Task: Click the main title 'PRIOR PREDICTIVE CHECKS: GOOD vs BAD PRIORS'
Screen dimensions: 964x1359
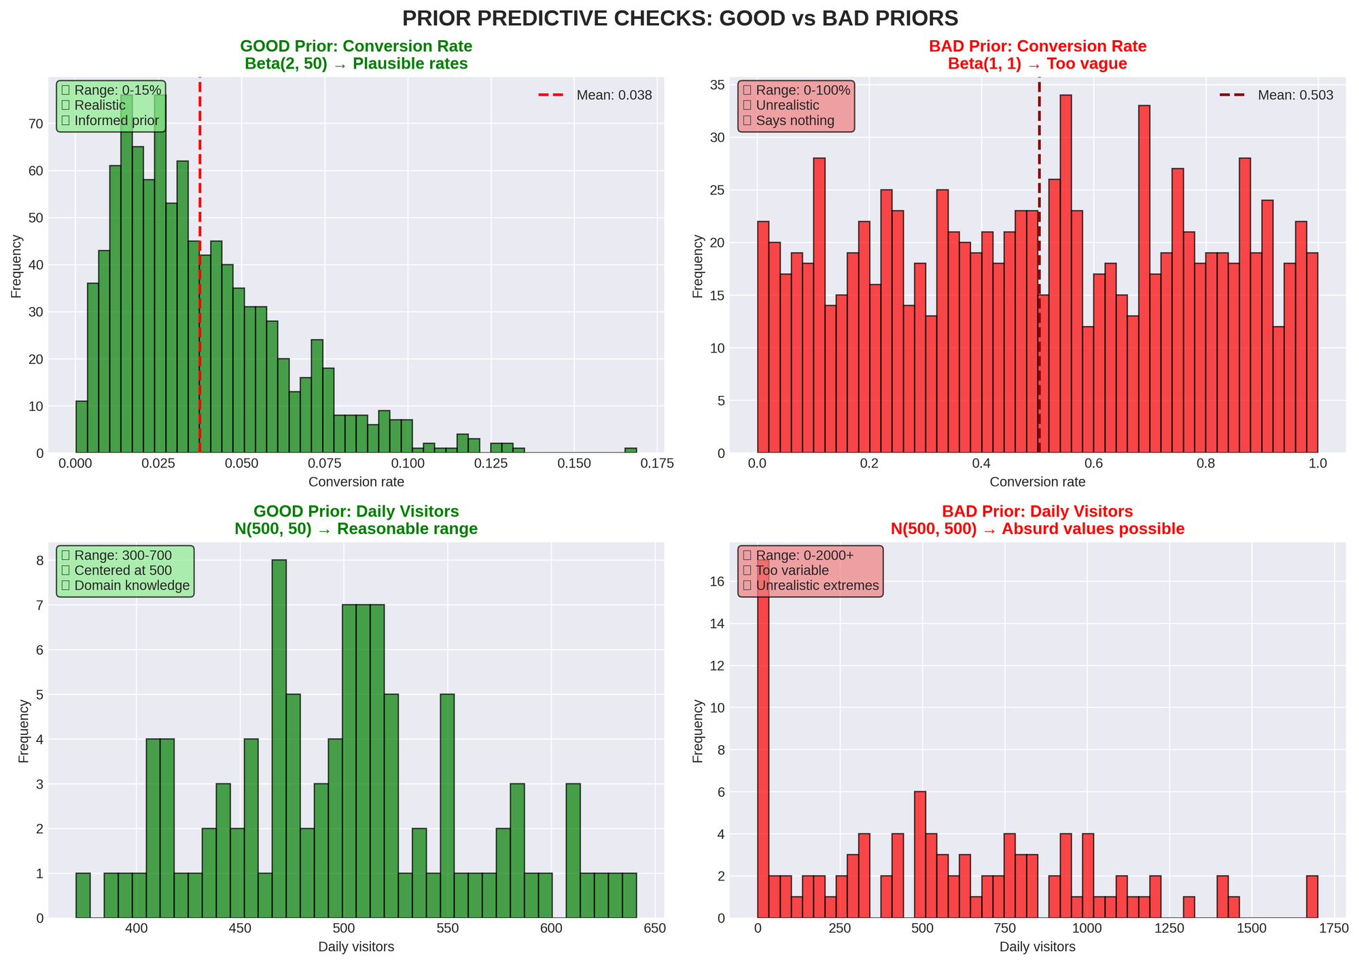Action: coord(679,18)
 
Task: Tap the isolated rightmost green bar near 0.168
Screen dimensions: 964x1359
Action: coord(631,450)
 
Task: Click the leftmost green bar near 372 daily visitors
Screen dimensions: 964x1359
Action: coord(83,895)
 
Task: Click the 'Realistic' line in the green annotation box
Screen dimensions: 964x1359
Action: coord(100,105)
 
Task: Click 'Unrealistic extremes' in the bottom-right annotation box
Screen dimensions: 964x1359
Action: coord(817,586)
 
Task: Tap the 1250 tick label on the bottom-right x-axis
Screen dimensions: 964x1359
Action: coord(1169,929)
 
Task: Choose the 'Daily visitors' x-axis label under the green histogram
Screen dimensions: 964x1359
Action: coord(357,946)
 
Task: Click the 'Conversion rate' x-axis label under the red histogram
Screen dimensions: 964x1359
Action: coord(1037,482)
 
